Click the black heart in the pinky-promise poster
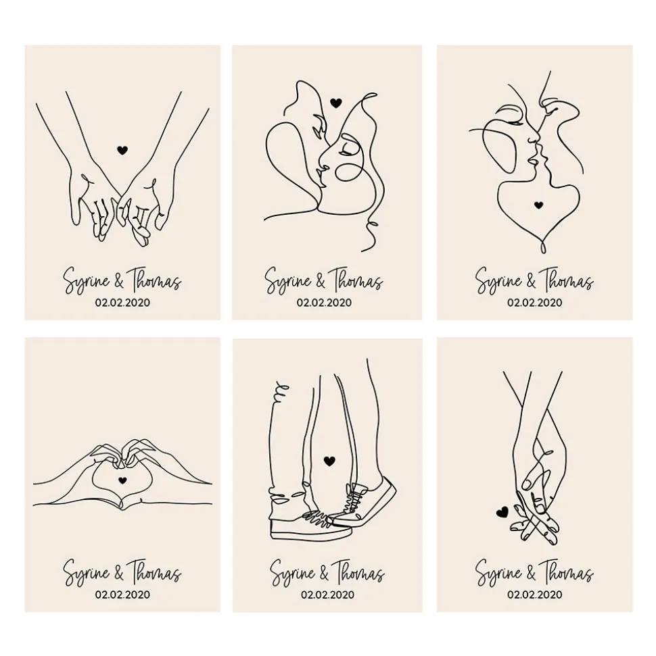tap(122, 150)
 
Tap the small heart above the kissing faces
tap(336, 103)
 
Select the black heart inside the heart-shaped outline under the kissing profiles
tap(539, 205)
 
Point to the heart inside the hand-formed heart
tap(122, 480)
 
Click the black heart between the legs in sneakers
tap(329, 461)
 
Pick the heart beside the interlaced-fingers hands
tap(502, 511)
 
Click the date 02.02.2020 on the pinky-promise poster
tap(122, 302)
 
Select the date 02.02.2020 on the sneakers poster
tap(327, 594)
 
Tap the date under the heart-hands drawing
tap(122, 594)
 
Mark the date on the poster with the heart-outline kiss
tap(534, 302)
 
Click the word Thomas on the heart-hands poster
tap(154, 572)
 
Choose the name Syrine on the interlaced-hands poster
tap(498, 572)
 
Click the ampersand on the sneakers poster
tap(324, 573)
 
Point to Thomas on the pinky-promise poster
tap(154, 280)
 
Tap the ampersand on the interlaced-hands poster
tap(531, 573)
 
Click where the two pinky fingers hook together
tap(122, 197)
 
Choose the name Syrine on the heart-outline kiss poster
tap(498, 280)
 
